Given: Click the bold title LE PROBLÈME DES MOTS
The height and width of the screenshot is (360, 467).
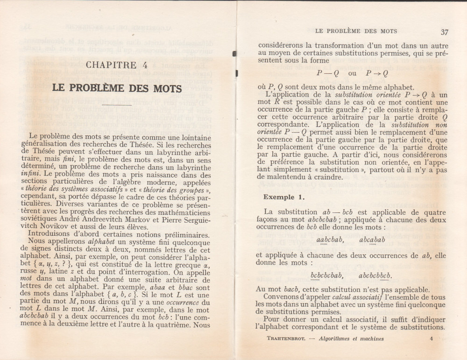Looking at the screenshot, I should (x=116, y=88).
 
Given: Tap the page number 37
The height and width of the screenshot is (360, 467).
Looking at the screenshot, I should (x=444, y=32).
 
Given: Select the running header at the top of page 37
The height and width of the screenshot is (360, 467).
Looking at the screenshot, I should (x=356, y=31).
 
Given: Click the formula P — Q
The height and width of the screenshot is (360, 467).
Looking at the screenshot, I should (x=327, y=73).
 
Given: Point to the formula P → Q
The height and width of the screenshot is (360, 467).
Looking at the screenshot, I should (x=377, y=73).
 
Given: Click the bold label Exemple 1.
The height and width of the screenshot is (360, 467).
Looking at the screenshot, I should (x=284, y=197).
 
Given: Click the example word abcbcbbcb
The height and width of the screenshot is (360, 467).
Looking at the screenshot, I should (x=375, y=275).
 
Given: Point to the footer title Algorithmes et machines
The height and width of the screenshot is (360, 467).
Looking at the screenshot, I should (x=349, y=339).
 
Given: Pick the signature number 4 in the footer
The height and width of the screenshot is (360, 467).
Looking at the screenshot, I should (x=432, y=339).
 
